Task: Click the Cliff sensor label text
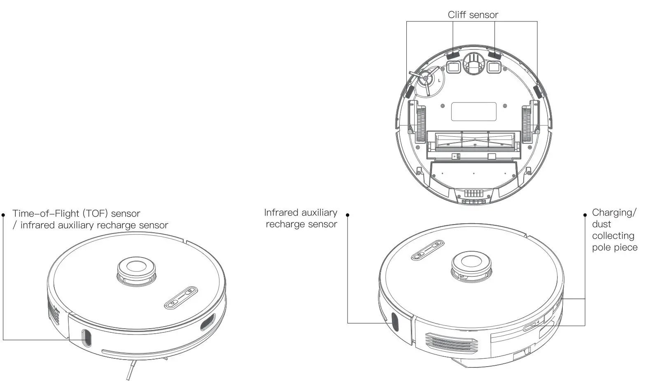[x=473, y=15]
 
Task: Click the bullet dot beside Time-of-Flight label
[x=3, y=215]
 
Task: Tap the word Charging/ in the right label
[x=614, y=213]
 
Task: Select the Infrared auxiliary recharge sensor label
[x=301, y=218]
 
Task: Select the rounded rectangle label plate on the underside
[x=473, y=112]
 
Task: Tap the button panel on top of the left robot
[x=181, y=298]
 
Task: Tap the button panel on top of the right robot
[x=428, y=250]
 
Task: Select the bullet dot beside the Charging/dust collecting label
[x=585, y=215]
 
